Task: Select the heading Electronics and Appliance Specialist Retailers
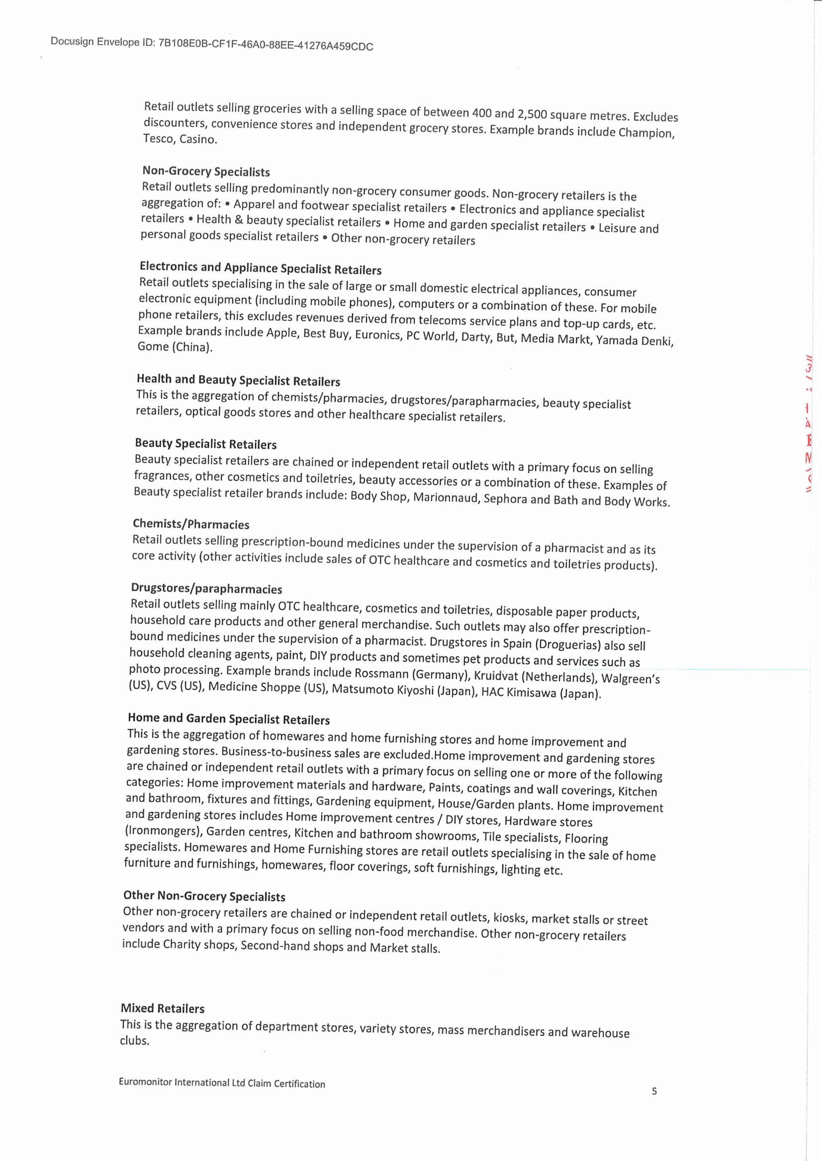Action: [260, 268]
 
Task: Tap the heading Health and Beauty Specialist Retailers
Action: [238, 380]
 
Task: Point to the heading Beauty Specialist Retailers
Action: [206, 444]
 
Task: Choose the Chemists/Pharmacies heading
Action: [191, 524]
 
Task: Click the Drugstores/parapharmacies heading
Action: [206, 588]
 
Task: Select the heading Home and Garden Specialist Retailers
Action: [228, 718]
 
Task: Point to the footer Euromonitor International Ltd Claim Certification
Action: [222, 1083]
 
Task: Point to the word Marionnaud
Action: [445, 497]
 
